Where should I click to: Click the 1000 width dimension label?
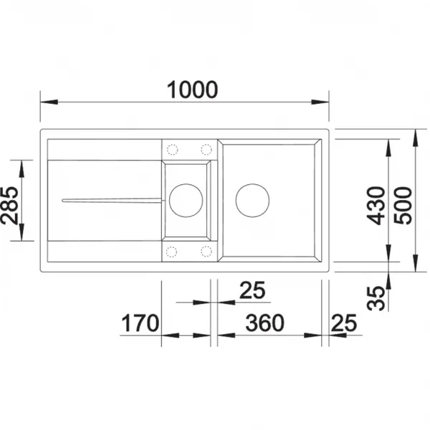coord(192,90)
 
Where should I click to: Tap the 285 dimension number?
coord(9,206)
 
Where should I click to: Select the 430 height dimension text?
coord(376,206)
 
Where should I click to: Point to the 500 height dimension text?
coord(403,206)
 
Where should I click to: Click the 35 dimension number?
coord(376,298)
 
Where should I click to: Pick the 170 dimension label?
coord(140,323)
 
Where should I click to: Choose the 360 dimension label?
coord(264,322)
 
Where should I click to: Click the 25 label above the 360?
coord(252,290)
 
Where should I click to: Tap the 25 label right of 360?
coord(344,322)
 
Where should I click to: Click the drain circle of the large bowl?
coord(252,184)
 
